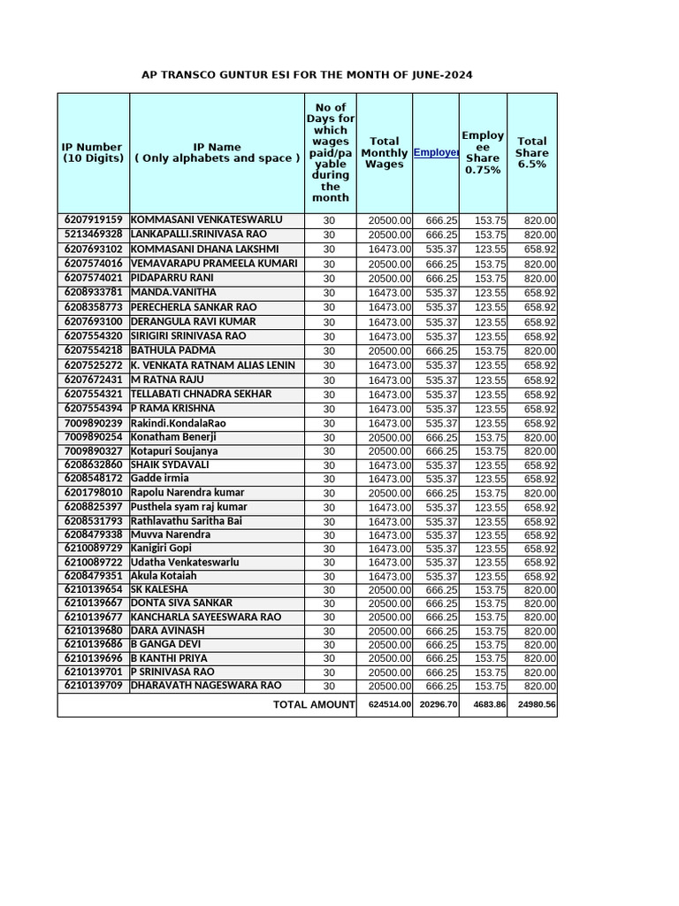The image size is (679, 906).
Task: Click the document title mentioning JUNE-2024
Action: [308, 75]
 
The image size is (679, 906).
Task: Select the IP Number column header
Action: [93, 152]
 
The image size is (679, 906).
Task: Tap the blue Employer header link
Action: [435, 152]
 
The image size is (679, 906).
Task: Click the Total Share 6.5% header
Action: [531, 152]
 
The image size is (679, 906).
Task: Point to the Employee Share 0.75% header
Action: [483, 152]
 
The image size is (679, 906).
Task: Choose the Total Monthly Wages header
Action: [384, 152]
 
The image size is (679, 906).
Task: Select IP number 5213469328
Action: [93, 234]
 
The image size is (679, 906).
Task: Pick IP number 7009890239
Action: [93, 423]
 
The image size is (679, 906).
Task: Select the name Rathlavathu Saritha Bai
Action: [186, 521]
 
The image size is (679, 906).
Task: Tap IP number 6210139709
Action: [93, 685]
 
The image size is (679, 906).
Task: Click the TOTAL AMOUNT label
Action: [313, 704]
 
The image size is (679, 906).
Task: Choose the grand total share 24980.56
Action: [536, 705]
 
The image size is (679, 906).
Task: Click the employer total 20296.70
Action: [439, 705]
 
